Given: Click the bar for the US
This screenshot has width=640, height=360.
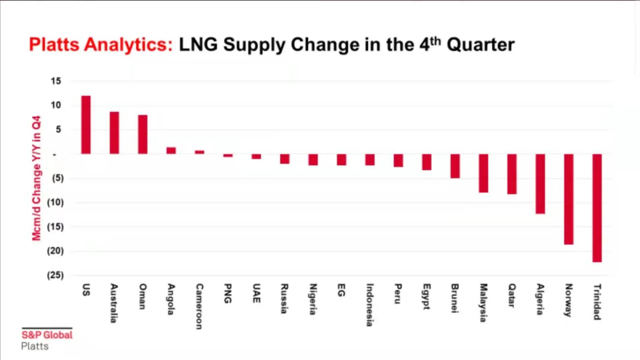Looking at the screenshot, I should point(86,125).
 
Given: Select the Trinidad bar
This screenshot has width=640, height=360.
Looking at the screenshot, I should point(597,208).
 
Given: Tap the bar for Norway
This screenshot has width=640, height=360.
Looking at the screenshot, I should point(569,199).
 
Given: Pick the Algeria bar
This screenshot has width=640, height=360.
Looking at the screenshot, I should point(540,184).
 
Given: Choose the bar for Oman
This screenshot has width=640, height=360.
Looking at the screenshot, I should point(143,134).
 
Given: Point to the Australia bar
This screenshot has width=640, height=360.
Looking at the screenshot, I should point(114,133).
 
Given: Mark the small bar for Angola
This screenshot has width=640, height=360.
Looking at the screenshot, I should point(171,150).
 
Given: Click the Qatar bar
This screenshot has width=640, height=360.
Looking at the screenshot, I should point(512,174).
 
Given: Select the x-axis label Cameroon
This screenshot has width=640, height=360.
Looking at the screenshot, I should point(199,306).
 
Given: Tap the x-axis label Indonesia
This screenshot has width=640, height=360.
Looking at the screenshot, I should point(369,305).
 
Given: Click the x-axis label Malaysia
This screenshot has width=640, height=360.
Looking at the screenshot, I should point(483,303).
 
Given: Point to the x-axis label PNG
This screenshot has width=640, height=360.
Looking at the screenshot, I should point(228,293).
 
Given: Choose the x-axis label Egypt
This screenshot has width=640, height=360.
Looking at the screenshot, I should point(426,296).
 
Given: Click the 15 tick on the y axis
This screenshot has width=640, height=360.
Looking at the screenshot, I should point(56,81).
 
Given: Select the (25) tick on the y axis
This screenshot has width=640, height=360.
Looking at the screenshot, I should point(55,275).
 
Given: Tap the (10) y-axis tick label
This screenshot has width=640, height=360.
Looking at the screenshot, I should point(55,202).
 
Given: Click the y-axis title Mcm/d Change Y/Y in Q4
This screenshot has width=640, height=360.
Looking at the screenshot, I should point(36,178).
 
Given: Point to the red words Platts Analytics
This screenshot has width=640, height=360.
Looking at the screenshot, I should point(101,45).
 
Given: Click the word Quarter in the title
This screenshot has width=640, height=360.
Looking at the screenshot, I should point(480,45).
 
